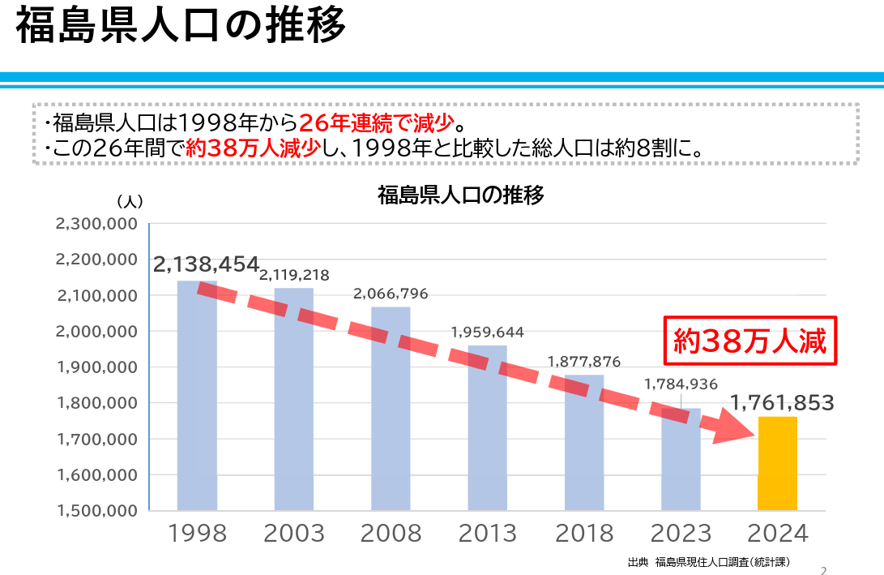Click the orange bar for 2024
pyautogui.click(x=777, y=464)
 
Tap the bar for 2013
pyautogui.click(x=487, y=428)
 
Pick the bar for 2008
pyautogui.click(x=391, y=409)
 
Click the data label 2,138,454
pyautogui.click(x=206, y=264)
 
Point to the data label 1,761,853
pyautogui.click(x=782, y=402)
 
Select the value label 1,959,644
pyautogui.click(x=487, y=332)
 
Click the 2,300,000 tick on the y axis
pyautogui.click(x=96, y=224)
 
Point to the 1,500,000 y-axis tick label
pyautogui.click(x=96, y=511)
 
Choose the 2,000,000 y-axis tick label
pyautogui.click(x=96, y=332)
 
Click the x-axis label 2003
pyautogui.click(x=294, y=534)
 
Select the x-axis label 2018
pyautogui.click(x=584, y=534)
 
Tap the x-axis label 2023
pyautogui.click(x=681, y=534)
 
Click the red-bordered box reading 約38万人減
pyautogui.click(x=750, y=341)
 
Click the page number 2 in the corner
pyautogui.click(x=824, y=569)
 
